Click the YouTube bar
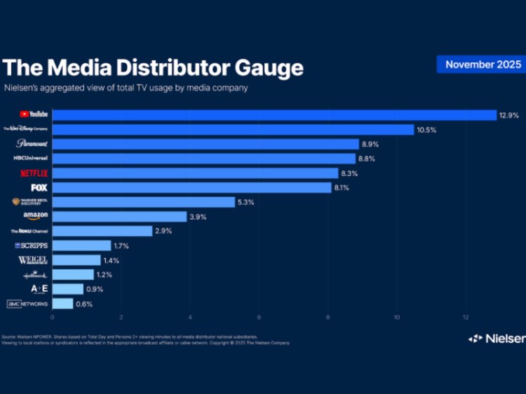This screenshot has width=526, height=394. pos(274,115)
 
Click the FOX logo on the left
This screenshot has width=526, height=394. pos(39,188)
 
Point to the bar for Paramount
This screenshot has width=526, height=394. pos(205,144)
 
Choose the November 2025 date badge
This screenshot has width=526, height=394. pos(483,64)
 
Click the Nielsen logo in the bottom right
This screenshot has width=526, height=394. pos(496,339)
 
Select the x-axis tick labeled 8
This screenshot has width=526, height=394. pos(328,316)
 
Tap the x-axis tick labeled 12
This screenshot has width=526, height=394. pos(466,316)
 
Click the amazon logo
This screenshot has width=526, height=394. pos(35,216)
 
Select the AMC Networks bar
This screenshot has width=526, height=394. pos(62,304)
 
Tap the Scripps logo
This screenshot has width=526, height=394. pos(32,245)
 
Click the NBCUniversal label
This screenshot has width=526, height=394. pos(30,158)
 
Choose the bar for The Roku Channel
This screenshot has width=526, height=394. pos(102,231)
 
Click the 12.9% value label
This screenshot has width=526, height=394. pos(510,115)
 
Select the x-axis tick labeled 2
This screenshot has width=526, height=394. pos(121,316)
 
